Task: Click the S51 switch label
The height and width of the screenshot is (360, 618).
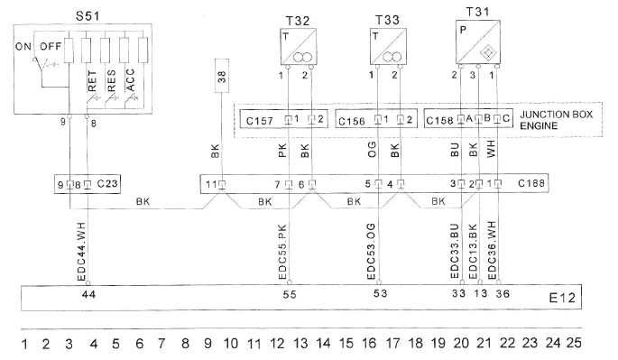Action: [x=88, y=16]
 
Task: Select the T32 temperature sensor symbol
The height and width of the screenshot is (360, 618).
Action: [x=299, y=47]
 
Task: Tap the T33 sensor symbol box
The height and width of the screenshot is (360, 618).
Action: [x=388, y=47]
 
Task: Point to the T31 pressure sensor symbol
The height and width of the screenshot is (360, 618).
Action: [x=478, y=42]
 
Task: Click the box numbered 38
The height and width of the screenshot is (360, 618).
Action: [x=222, y=76]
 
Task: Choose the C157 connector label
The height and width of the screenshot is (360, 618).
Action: [x=260, y=120]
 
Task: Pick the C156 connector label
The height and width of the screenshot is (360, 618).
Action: [x=352, y=121]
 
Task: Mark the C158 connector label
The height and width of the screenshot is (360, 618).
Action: [x=440, y=120]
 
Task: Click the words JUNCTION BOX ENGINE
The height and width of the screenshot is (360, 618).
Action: [x=556, y=120]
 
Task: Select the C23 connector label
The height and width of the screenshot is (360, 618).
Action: [x=107, y=183]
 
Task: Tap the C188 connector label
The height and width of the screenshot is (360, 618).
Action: [x=530, y=183]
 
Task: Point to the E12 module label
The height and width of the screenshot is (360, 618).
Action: [x=562, y=298]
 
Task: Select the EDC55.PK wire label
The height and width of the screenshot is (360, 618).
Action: [x=282, y=252]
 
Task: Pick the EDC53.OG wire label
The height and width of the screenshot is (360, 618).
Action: [x=372, y=251]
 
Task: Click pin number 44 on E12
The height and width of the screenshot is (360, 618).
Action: [x=88, y=294]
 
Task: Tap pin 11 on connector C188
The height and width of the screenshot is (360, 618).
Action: [x=211, y=184]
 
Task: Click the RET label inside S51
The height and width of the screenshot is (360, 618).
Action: [x=92, y=81]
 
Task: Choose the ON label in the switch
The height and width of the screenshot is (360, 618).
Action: [x=23, y=47]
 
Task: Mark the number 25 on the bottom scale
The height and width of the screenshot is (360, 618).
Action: [x=574, y=343]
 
